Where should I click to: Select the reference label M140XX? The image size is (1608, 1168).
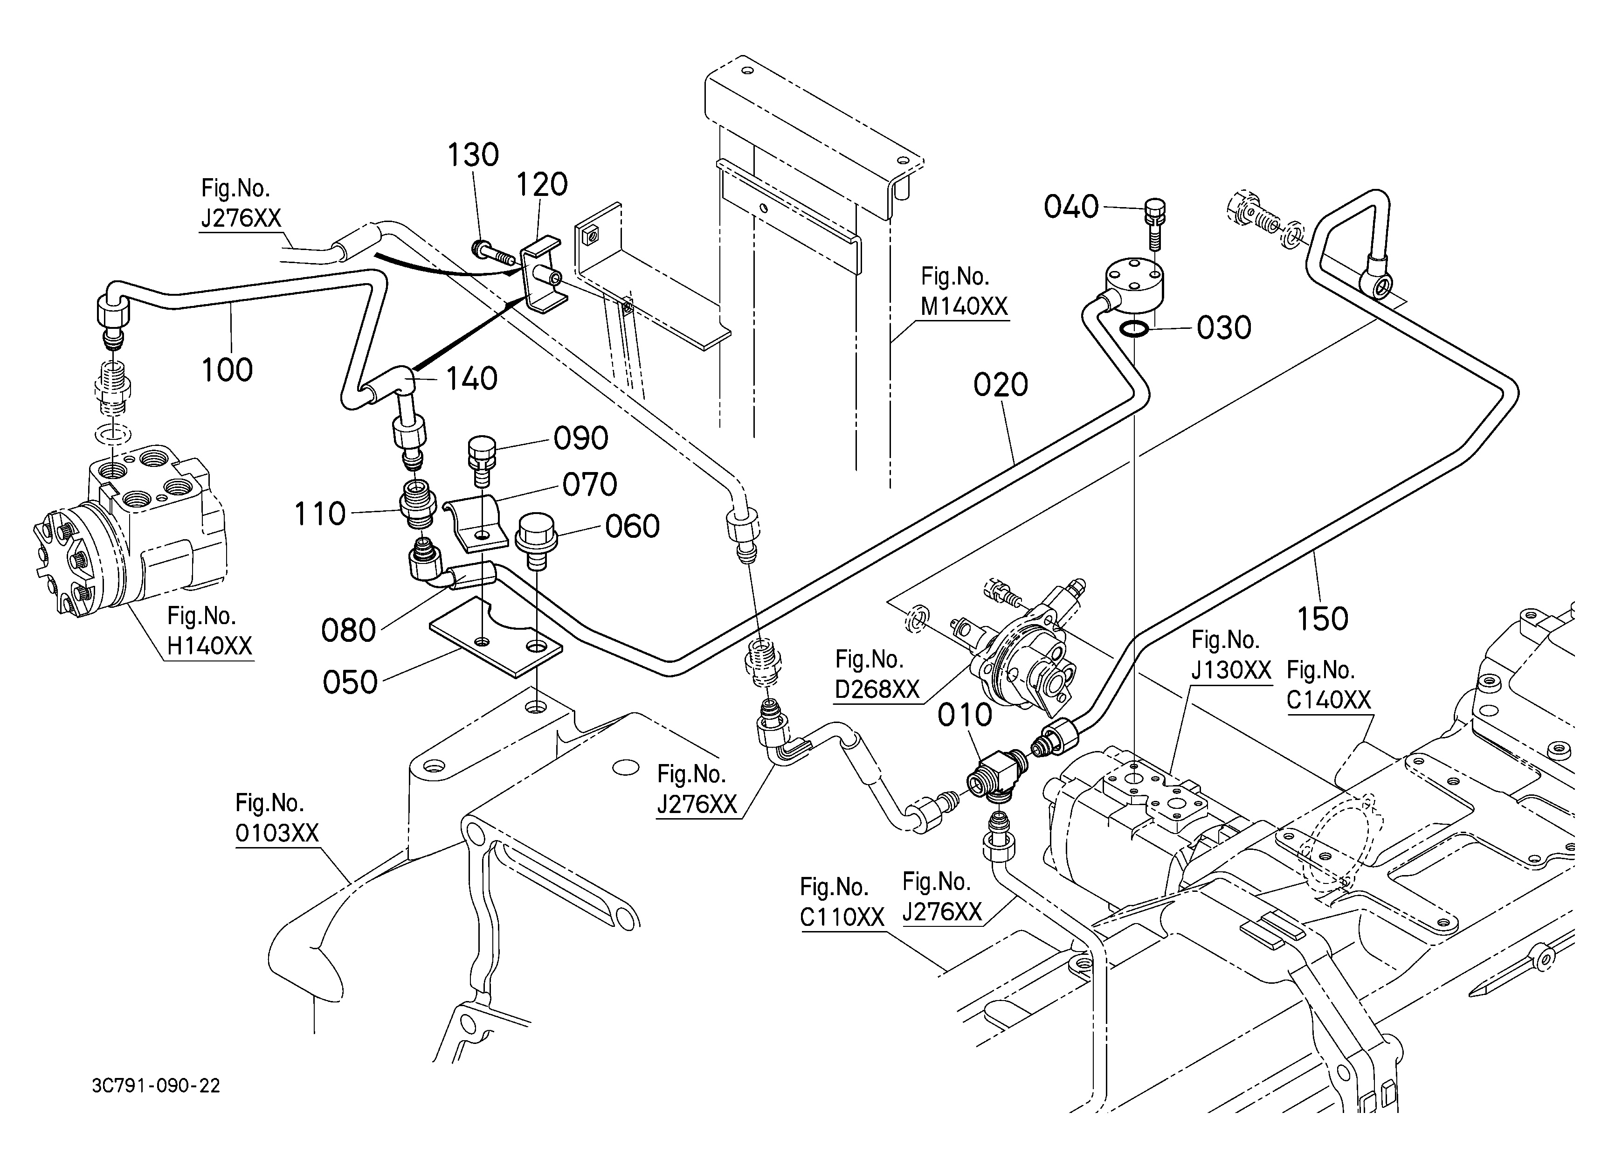(964, 306)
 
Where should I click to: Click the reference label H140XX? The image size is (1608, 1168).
(209, 646)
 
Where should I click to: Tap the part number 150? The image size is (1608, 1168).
(1322, 619)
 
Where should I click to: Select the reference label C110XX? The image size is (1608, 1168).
(842, 917)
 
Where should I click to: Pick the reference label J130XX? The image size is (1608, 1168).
(1231, 670)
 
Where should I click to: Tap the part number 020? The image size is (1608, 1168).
(1001, 385)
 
